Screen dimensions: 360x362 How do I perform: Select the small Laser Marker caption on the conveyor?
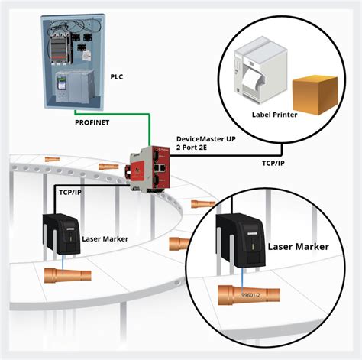(103, 238)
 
